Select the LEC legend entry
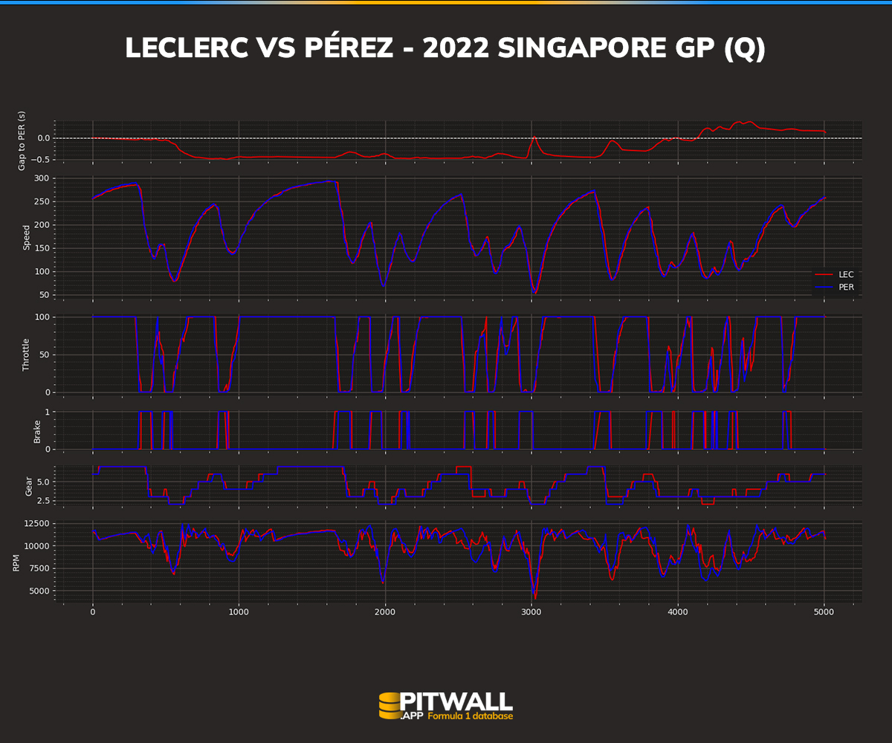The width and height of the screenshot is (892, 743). pyautogui.click(x=845, y=274)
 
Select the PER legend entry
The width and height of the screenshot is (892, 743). pyautogui.click(x=845, y=287)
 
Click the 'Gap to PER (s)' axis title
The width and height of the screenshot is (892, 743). pyautogui.click(x=22, y=140)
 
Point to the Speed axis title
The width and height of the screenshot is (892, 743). pyautogui.click(x=26, y=237)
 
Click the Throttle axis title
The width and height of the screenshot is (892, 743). pyautogui.click(x=26, y=354)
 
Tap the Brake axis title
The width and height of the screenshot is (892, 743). pyautogui.click(x=37, y=430)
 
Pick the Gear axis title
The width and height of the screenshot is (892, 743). pyautogui.click(x=29, y=486)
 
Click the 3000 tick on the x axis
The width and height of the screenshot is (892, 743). pyautogui.click(x=531, y=612)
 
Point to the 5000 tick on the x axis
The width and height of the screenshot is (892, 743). pyautogui.click(x=824, y=612)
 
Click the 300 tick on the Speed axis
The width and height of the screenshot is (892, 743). pyautogui.click(x=42, y=178)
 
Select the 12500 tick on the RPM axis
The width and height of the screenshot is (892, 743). pyautogui.click(x=36, y=524)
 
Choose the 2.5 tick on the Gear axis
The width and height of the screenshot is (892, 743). pyautogui.click(x=44, y=501)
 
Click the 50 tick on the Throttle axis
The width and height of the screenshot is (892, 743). pyautogui.click(x=45, y=354)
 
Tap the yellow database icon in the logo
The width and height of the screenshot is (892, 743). pyautogui.click(x=390, y=706)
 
